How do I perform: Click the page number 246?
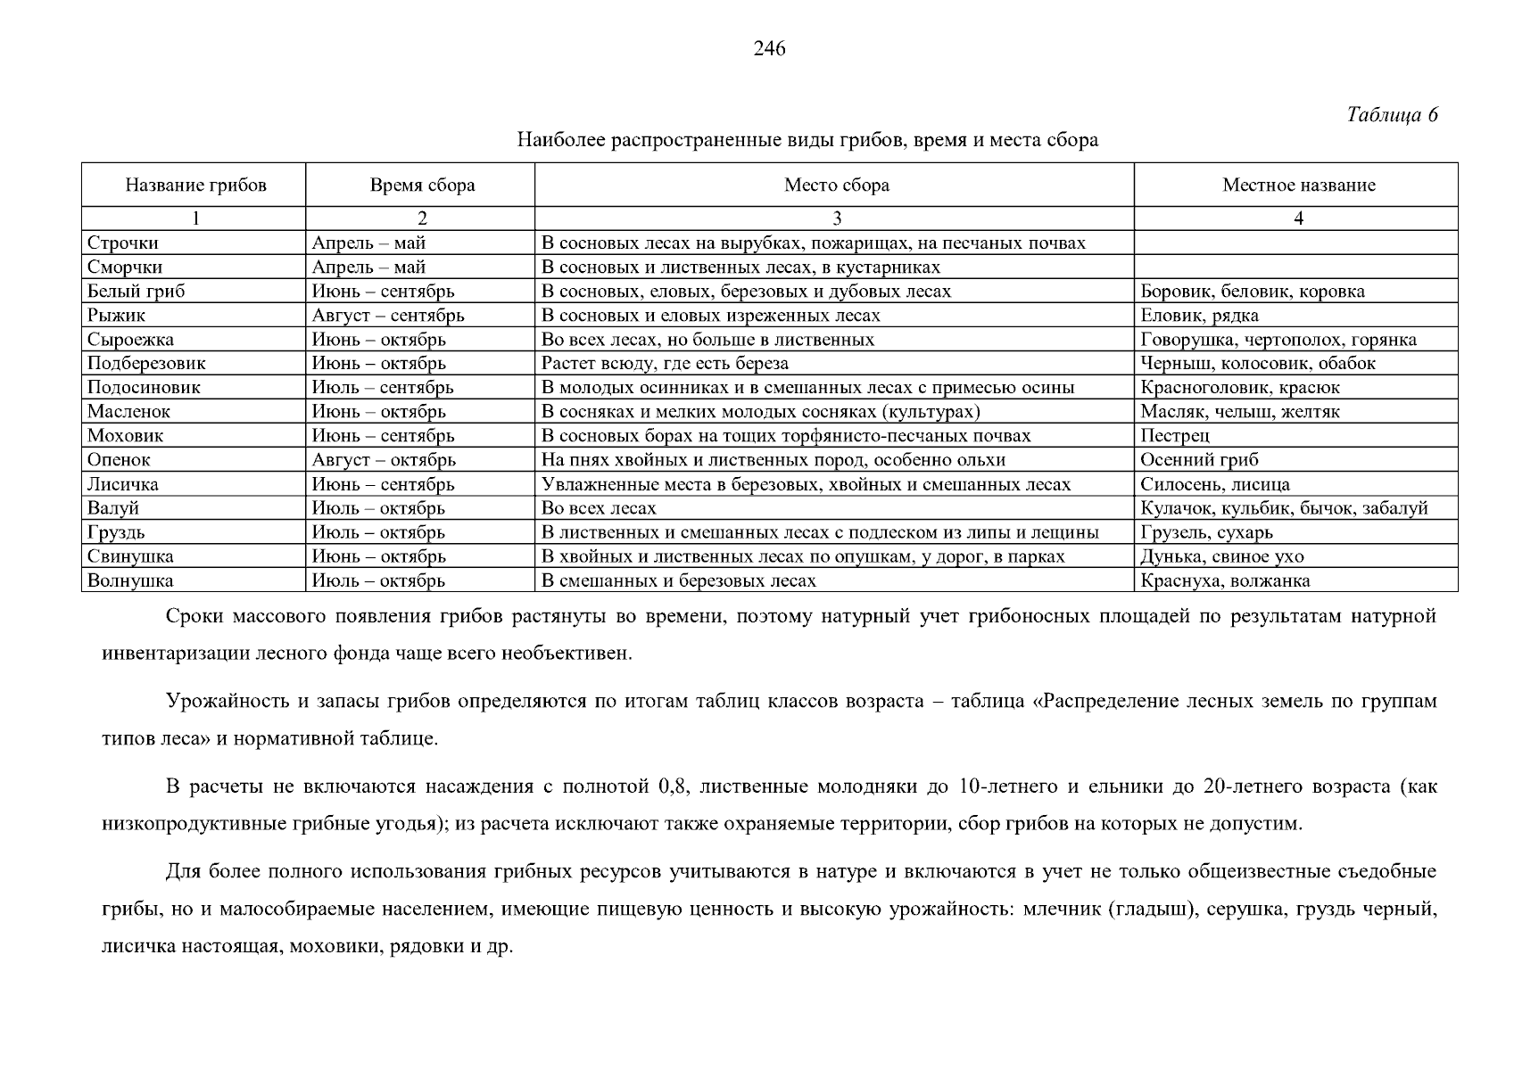(x=768, y=49)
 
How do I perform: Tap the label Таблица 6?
(x=1392, y=115)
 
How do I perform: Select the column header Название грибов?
(x=195, y=185)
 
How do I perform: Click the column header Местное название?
(x=1298, y=185)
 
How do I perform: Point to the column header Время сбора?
(x=422, y=185)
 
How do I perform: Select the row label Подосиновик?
(x=144, y=388)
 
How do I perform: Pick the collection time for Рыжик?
(x=388, y=316)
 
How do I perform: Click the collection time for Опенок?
(x=384, y=460)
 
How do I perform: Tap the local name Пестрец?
(x=1175, y=436)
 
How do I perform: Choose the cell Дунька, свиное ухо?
(x=1221, y=556)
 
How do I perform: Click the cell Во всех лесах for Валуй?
(x=599, y=508)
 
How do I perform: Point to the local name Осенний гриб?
(x=1199, y=460)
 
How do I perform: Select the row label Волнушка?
(x=130, y=580)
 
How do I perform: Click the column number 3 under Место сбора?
(x=836, y=218)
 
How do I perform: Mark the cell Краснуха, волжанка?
(x=1225, y=580)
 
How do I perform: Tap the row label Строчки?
(x=123, y=243)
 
